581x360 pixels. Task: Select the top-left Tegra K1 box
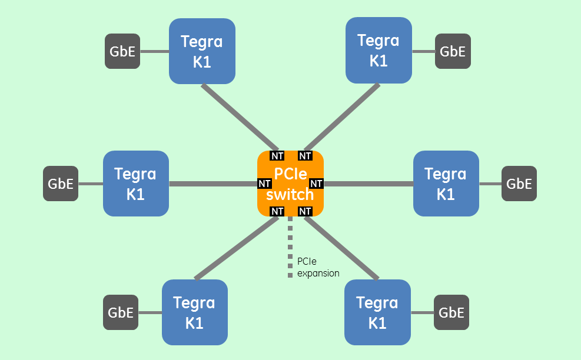coord(202,51)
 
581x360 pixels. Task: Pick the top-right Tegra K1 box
coord(378,50)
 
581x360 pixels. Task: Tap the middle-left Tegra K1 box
coord(135,184)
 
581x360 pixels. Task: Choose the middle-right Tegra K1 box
coord(446,184)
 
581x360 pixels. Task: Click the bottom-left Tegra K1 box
coord(194,312)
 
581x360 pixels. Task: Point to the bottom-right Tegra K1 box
coord(377,312)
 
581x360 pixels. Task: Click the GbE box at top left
coord(122,51)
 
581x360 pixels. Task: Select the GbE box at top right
coord(453,51)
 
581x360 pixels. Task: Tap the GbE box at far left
coord(61,184)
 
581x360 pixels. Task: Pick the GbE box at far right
coord(519,184)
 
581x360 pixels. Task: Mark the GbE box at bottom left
coord(121,312)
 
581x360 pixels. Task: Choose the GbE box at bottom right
coord(451,312)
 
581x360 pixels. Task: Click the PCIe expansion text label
coord(318,267)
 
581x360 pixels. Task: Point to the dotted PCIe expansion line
coord(290,247)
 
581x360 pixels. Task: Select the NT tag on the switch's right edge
coord(316,184)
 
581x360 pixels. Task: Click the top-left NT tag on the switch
coord(277,156)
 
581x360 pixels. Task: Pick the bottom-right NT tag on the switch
coord(305,211)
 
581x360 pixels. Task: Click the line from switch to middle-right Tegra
coord(368,184)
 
